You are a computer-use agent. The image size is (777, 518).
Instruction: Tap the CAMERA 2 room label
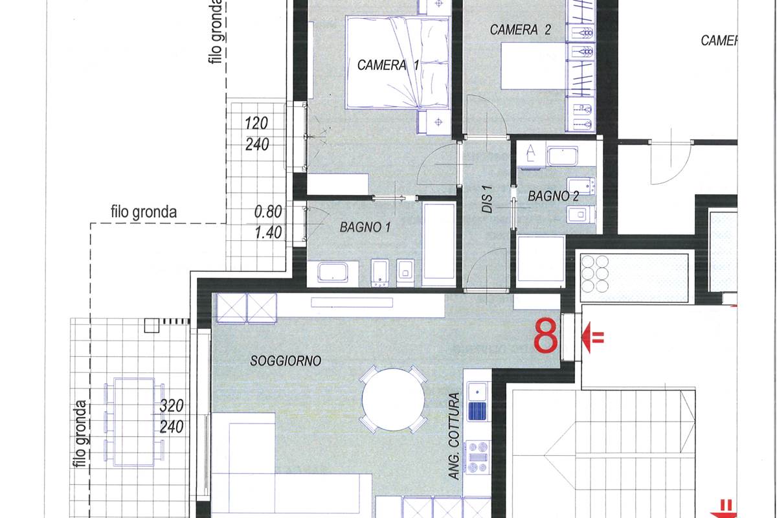coord(520,30)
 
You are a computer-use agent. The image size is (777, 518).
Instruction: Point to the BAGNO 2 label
coord(552,196)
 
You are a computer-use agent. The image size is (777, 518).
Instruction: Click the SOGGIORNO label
coord(286,361)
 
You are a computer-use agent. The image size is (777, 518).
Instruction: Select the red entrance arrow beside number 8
coord(592,336)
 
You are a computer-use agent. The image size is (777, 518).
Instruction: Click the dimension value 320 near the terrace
coord(172,406)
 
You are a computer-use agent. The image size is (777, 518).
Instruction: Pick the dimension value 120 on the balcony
coord(256,123)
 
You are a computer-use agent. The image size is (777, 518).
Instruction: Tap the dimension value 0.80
coord(268,211)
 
